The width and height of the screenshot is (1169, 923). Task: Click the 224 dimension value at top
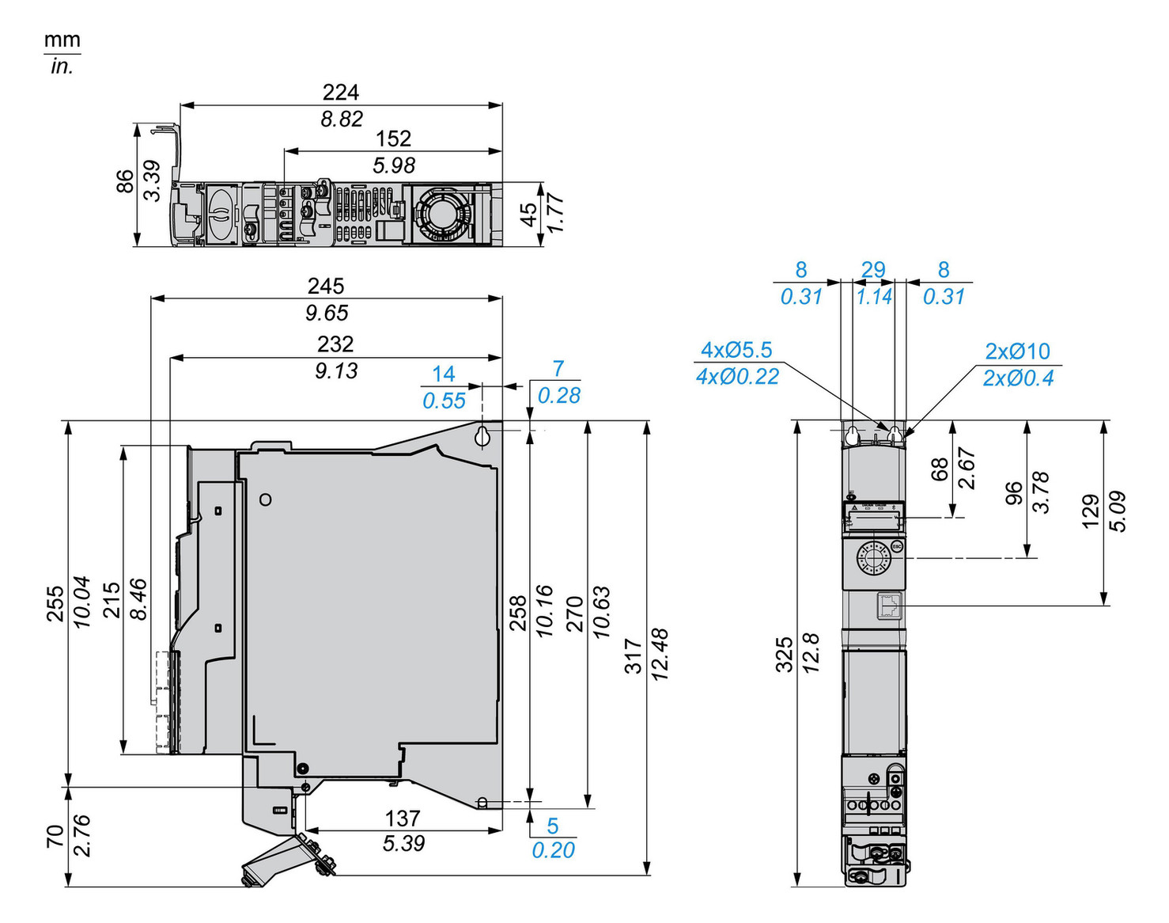(340, 93)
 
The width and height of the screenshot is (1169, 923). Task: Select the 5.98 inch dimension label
(393, 165)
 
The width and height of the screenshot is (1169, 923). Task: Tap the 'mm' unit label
(62, 40)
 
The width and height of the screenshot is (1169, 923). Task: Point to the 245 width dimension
(326, 286)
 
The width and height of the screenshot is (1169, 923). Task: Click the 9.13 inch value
(336, 370)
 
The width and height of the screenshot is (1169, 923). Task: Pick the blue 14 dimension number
(443, 374)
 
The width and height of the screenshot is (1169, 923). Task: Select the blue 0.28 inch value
(558, 395)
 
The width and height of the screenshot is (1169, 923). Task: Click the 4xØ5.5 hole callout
(736, 350)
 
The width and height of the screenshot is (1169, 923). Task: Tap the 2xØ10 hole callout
(1017, 351)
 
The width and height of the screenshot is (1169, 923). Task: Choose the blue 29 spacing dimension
(873, 270)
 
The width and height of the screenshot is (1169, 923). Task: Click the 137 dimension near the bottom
(403, 818)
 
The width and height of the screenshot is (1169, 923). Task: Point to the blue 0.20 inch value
(553, 850)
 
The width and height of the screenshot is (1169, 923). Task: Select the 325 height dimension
(784, 654)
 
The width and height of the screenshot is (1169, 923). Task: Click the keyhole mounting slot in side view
(484, 436)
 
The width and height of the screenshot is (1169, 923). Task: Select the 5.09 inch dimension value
(1117, 511)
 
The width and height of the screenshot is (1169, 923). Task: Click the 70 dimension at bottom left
(55, 836)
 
